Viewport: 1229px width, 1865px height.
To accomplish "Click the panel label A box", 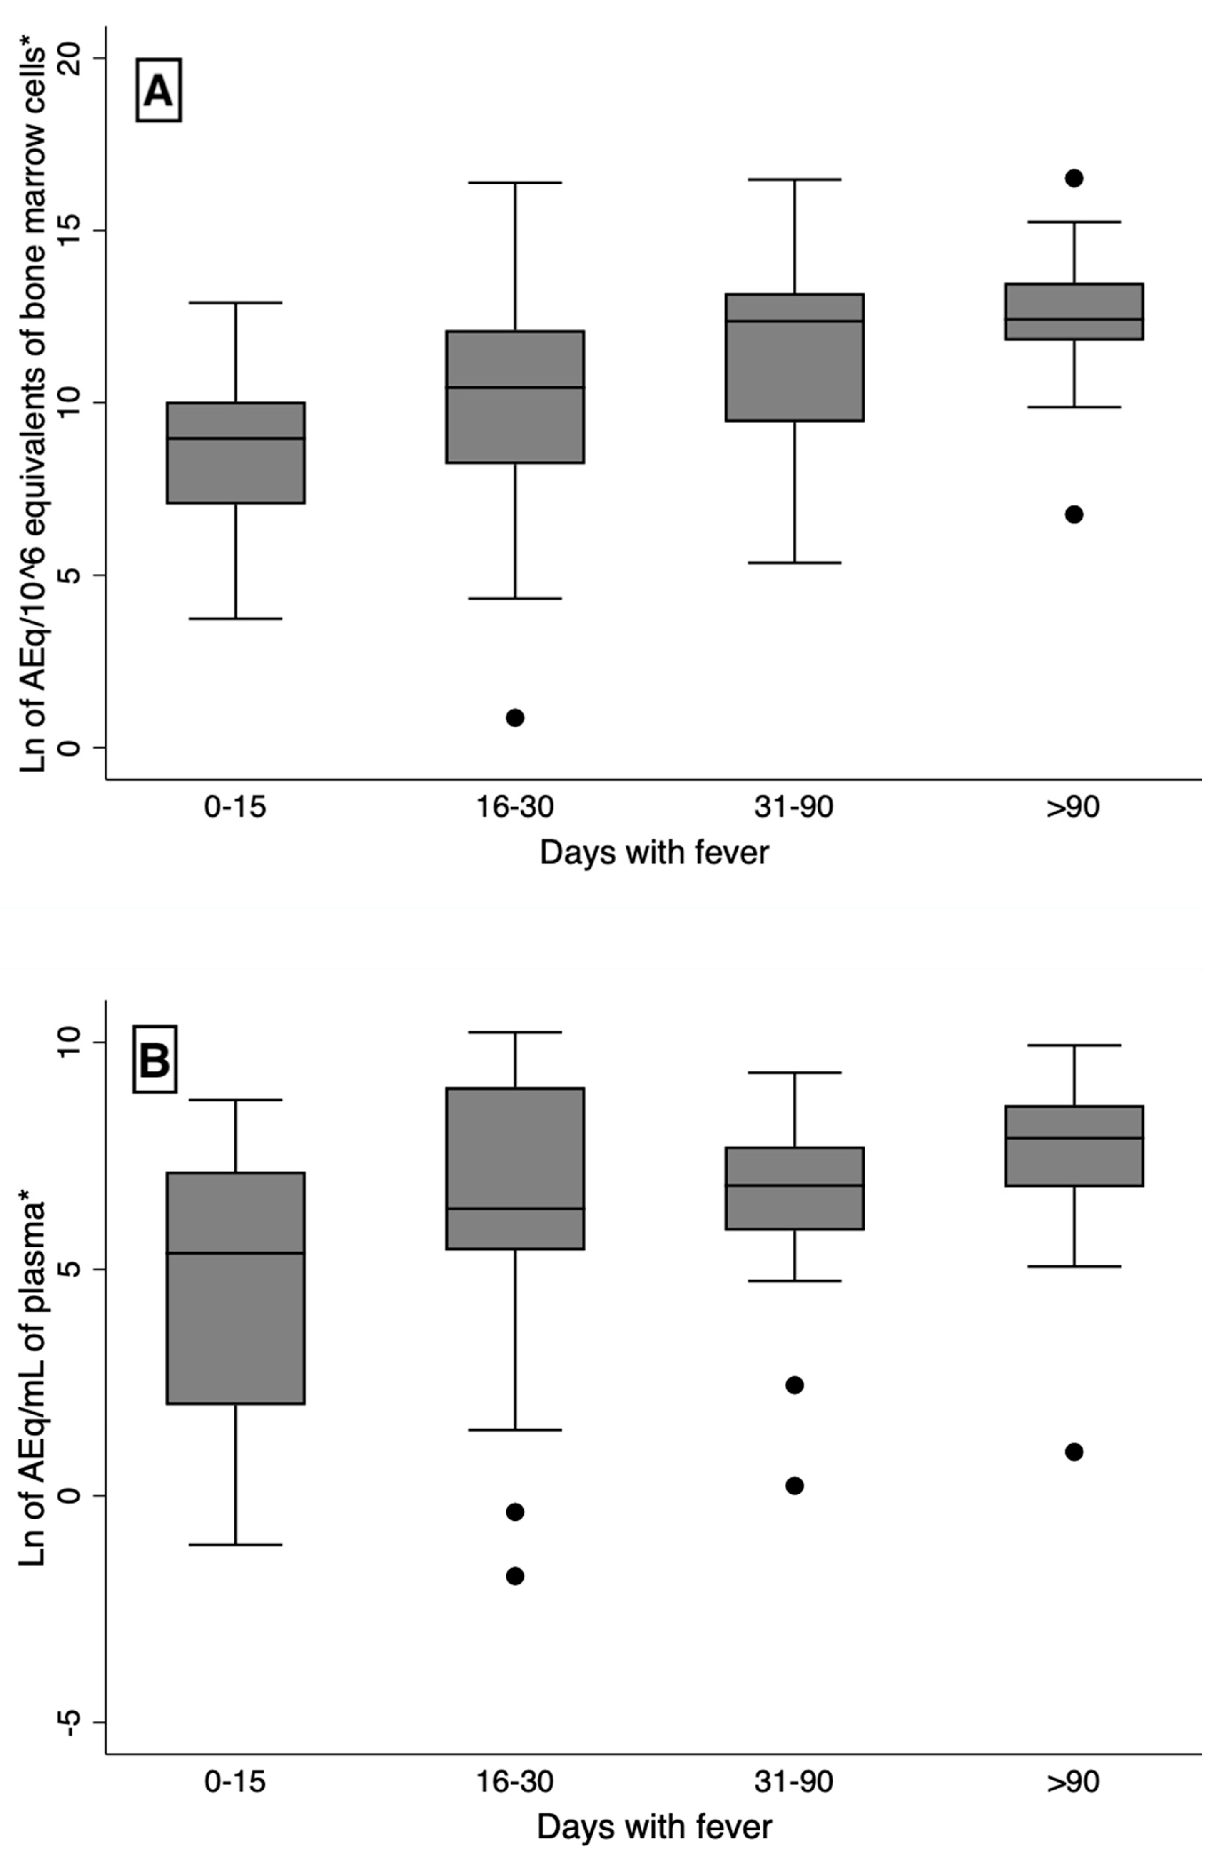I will click(x=158, y=90).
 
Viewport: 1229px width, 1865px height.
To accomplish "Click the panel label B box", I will click(x=155, y=1059).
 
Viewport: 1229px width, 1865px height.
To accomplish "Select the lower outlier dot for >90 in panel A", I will click(x=1074, y=514).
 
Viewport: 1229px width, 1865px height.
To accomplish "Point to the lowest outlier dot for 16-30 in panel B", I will click(x=515, y=1576).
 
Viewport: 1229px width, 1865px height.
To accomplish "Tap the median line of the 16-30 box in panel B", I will click(x=515, y=1208).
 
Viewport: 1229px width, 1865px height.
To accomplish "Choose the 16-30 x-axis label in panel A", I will click(x=515, y=807).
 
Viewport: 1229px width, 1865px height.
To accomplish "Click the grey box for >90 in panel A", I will click(x=1074, y=311).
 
